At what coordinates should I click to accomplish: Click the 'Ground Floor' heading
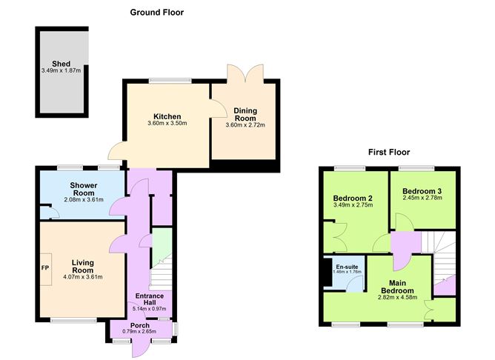156,12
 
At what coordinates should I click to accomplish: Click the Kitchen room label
167,116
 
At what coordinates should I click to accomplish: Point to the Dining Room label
245,114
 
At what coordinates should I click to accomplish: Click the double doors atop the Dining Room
245,71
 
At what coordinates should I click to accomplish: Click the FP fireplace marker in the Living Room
45,267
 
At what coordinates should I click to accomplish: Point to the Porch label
139,325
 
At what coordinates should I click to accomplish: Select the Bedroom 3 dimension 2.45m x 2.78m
422,198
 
